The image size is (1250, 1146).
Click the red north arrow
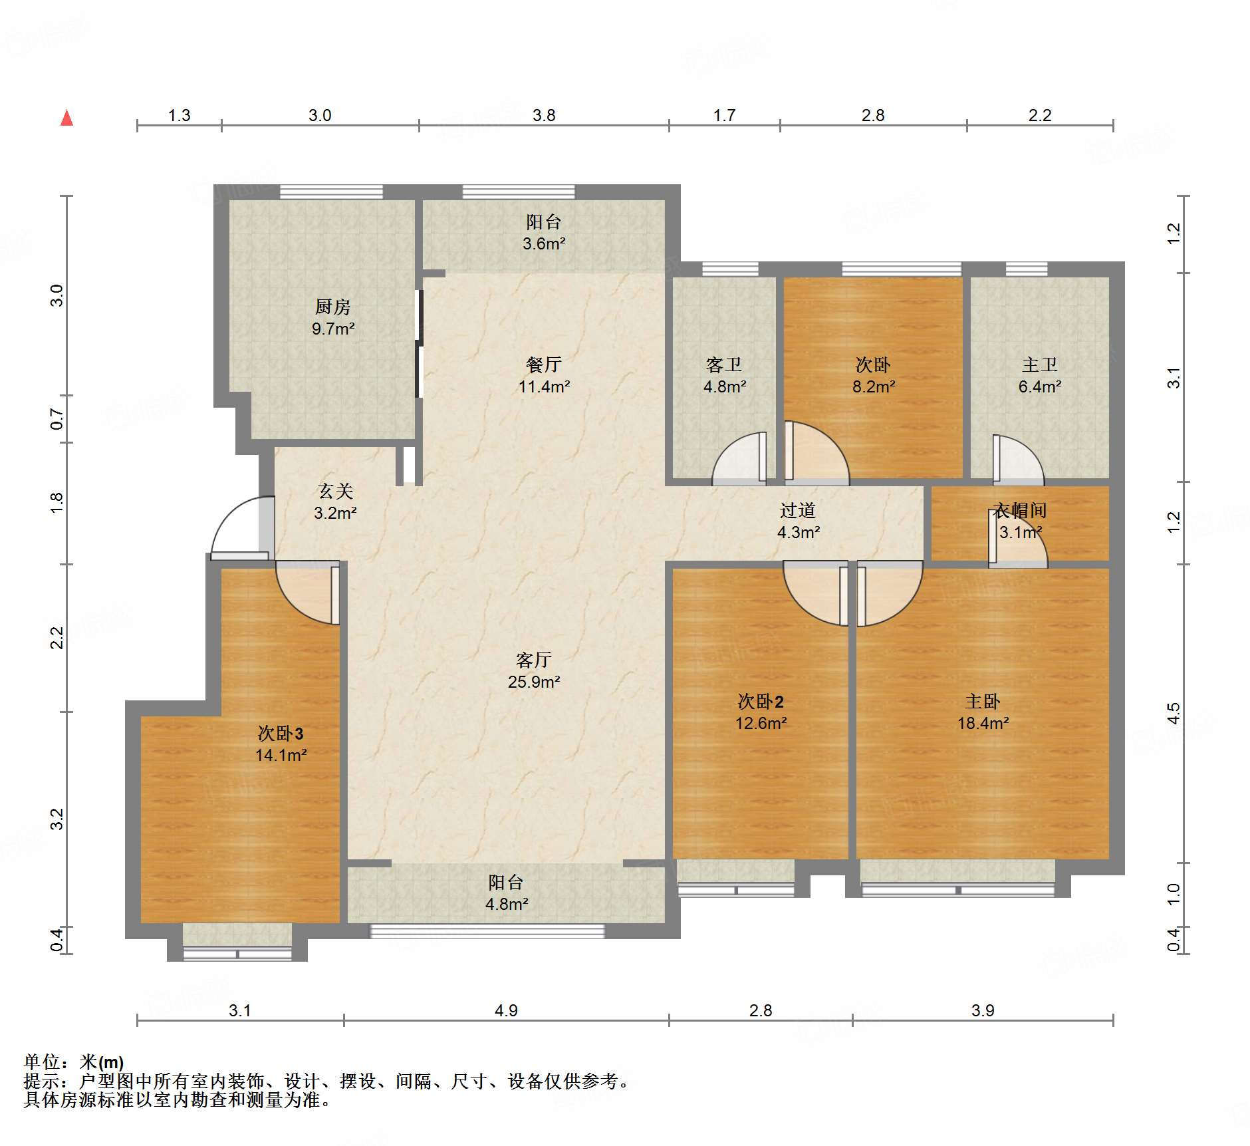point(66,118)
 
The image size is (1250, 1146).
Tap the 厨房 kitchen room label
point(332,307)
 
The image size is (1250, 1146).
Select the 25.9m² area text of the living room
point(533,682)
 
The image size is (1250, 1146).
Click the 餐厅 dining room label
point(543,364)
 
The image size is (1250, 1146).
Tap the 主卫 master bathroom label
point(1039,364)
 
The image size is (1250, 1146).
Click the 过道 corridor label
point(797,510)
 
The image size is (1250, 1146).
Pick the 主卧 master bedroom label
point(982,701)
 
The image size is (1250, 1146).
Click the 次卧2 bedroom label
point(761,701)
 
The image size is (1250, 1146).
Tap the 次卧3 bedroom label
point(281,733)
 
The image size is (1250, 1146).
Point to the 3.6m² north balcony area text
point(543,243)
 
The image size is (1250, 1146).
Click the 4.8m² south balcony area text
point(506,904)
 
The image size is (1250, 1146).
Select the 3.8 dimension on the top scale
point(543,115)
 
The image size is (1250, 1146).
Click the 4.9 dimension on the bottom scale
point(506,1010)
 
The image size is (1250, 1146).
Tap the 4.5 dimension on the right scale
point(1174,713)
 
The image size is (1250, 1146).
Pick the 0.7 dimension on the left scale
point(57,419)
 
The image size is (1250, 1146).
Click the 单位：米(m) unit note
point(74,1062)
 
